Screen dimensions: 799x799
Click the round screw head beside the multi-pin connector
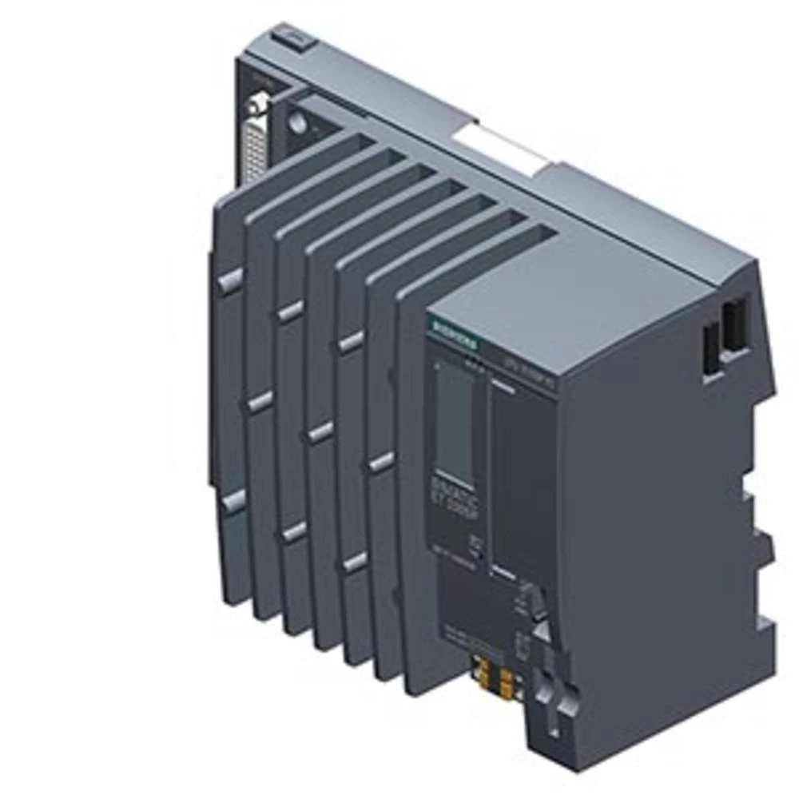pos(298,121)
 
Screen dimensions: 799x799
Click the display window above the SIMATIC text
pos(453,419)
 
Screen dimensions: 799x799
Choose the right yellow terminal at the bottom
pos(507,680)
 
